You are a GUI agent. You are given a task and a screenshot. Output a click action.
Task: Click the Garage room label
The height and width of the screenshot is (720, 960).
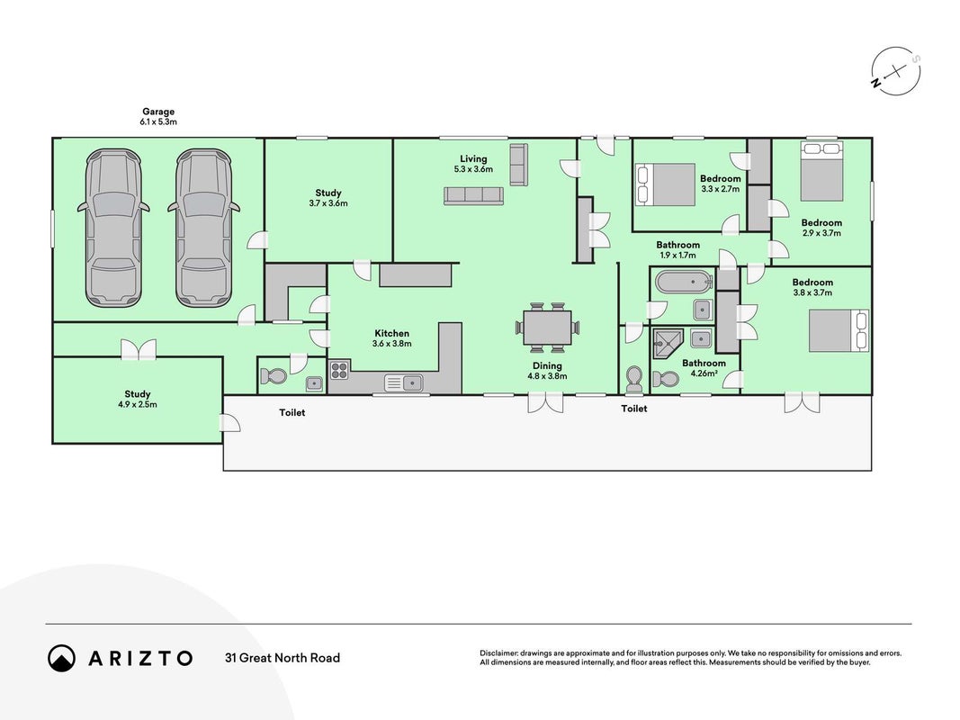tap(158, 112)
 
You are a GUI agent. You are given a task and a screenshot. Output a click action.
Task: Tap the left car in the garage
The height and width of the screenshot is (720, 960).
tap(114, 228)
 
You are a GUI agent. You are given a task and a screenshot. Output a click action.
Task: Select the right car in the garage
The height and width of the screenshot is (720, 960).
tap(203, 228)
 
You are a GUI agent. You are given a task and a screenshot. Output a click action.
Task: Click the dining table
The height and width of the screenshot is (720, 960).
tap(547, 328)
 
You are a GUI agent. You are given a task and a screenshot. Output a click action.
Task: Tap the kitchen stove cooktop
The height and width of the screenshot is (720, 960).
tap(339, 370)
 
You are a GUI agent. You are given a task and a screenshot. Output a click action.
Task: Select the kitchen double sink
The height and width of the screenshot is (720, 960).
tap(403, 382)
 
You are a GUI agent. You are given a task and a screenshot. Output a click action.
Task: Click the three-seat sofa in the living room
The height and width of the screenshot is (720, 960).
tap(474, 196)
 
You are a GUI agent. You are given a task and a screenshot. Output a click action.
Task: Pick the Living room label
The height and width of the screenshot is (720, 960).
tap(473, 158)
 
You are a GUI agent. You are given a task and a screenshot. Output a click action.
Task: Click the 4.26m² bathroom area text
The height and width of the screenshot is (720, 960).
tap(704, 373)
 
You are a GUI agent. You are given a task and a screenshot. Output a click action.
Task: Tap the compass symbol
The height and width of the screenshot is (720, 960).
tap(896, 72)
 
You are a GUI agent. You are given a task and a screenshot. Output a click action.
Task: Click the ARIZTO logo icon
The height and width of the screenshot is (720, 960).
tap(61, 658)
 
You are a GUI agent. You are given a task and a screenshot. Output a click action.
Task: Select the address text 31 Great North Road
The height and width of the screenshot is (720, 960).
tap(283, 658)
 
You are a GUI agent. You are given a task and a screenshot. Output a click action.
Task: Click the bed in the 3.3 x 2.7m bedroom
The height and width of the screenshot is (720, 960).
tap(666, 184)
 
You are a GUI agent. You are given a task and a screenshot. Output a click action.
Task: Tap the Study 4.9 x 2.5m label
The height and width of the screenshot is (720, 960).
tap(137, 400)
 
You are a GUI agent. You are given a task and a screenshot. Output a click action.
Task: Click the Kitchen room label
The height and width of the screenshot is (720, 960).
tap(392, 333)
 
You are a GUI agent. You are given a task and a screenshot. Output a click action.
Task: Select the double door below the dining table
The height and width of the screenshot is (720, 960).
tap(545, 402)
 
